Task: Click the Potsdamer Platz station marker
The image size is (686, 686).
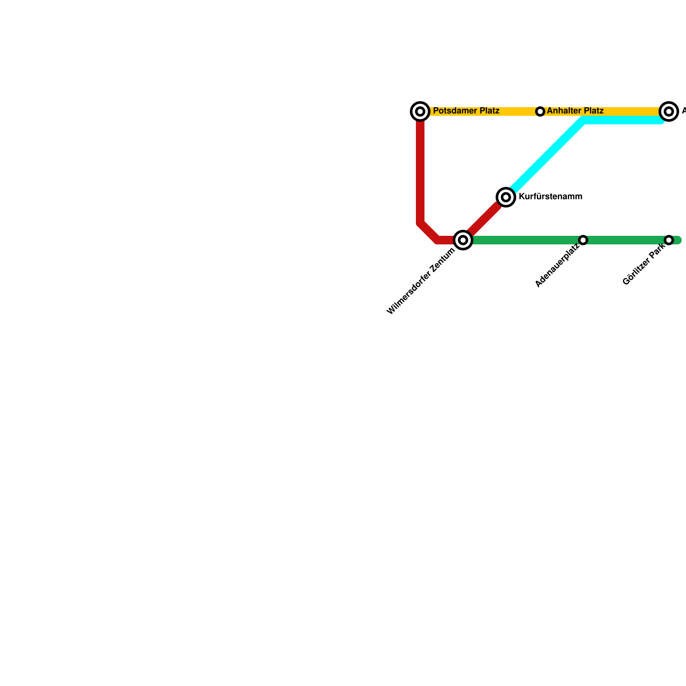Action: tap(420, 111)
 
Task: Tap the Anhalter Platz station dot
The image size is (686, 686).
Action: tap(540, 111)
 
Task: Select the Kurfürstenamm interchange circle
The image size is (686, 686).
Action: tap(506, 197)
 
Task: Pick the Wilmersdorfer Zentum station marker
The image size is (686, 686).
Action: tap(463, 240)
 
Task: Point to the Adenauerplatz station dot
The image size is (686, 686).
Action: tap(583, 240)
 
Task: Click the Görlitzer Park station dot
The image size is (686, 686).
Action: tap(669, 240)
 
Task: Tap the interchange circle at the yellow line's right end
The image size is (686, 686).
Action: tap(669, 111)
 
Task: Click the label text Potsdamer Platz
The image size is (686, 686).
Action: tap(466, 111)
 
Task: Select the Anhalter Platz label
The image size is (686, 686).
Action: tap(575, 111)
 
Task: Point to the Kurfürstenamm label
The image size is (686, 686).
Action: tap(550, 197)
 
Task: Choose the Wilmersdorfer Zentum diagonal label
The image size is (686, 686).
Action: tap(421, 282)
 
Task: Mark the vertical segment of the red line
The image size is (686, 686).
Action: tap(420, 171)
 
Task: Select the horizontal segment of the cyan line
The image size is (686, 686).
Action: tap(622, 120)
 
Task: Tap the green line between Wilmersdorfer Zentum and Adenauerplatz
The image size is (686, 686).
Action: tap(523, 240)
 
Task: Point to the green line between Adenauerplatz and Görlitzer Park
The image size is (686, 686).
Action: tap(626, 240)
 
